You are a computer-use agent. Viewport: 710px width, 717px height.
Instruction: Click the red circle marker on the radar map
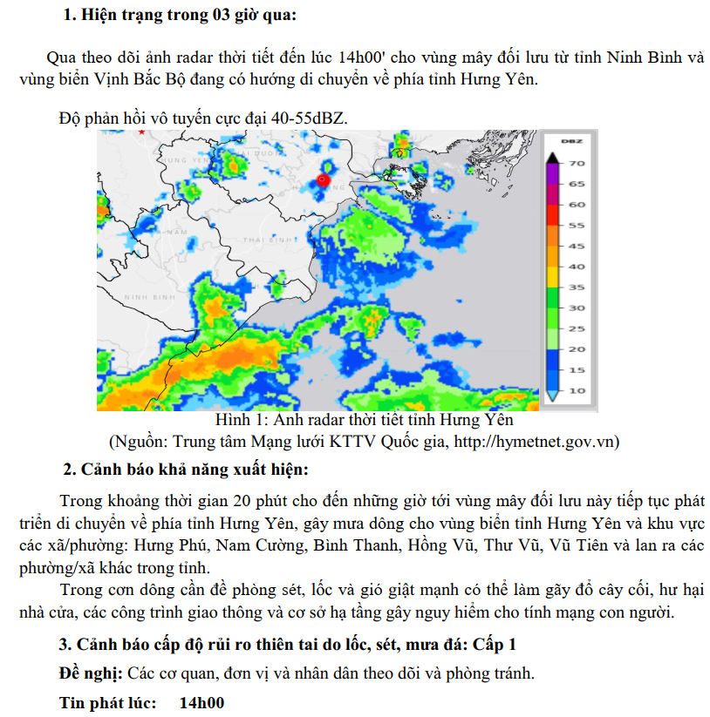[323, 180]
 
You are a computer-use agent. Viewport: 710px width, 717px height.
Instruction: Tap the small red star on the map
[141, 132]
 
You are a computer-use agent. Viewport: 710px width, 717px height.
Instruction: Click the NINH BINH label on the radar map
[150, 297]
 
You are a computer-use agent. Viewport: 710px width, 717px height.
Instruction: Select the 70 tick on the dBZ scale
[577, 163]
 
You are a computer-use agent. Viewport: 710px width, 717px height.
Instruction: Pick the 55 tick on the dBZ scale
[577, 225]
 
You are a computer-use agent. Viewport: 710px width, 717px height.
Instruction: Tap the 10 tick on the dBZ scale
[577, 390]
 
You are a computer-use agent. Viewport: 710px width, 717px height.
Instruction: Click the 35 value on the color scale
[577, 287]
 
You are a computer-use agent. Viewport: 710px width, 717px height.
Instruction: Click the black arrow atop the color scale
[552, 158]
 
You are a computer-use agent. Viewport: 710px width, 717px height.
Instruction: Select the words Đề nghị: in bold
[91, 673]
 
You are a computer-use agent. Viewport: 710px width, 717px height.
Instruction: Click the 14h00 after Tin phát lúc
[201, 702]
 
